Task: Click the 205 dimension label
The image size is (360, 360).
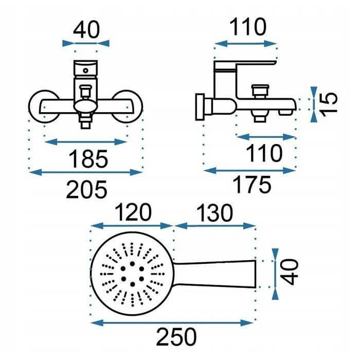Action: [86, 189]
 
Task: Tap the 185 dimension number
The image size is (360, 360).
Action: [88, 159]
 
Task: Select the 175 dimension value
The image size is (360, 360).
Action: [252, 185]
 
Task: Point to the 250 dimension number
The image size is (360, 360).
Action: [176, 337]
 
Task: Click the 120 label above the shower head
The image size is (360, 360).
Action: [133, 212]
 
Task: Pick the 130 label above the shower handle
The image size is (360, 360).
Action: [214, 212]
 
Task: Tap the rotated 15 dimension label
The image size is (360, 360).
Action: [329, 104]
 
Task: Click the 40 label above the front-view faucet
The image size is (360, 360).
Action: [86, 29]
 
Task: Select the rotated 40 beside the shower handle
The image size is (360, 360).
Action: [290, 272]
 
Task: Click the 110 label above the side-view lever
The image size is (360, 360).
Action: [248, 27]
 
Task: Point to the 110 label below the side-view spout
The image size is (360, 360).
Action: [264, 153]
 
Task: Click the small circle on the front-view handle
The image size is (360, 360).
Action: [85, 70]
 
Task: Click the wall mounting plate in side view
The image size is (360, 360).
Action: [200, 107]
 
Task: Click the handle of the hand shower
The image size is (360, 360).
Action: [214, 274]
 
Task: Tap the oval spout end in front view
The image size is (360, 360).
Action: [85, 106]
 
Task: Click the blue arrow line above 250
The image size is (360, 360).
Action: [172, 322]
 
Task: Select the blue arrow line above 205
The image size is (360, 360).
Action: [86, 172]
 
